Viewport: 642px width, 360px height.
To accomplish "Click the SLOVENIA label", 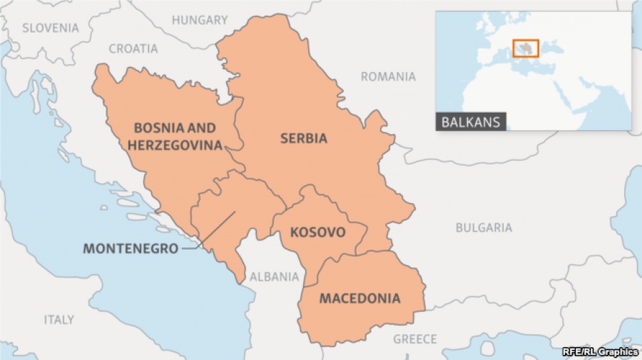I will [50, 28].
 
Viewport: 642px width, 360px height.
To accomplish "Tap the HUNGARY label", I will [200, 20].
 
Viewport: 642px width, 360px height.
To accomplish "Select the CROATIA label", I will [133, 48].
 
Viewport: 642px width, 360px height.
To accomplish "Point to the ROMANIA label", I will [388, 76].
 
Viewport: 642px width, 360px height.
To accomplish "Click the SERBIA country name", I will [304, 138].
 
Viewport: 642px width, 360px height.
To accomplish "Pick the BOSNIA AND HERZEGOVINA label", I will [175, 136].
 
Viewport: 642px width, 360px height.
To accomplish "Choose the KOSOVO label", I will [317, 232].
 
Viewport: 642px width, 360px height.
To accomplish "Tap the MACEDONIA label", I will [360, 298].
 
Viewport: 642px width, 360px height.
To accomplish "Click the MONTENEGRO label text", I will [130, 249].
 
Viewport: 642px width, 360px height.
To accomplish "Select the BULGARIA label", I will [484, 227].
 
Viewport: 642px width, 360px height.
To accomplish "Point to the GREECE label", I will [415, 339].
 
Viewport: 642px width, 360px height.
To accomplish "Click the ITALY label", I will [58, 319].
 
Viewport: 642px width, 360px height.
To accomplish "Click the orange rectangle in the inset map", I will [525, 48].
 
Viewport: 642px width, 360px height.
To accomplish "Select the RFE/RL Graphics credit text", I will [600, 351].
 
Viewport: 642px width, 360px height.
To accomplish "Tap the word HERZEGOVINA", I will [175, 144].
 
